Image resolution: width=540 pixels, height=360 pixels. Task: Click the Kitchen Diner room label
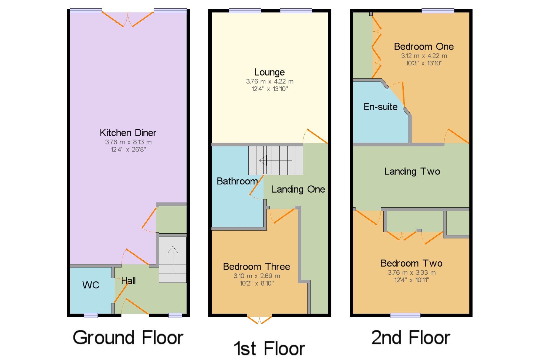click(x=128, y=133)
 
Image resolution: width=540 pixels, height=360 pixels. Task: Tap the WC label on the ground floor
click(x=91, y=285)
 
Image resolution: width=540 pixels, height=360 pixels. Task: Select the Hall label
click(x=128, y=281)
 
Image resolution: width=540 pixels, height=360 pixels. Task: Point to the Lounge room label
click(x=269, y=72)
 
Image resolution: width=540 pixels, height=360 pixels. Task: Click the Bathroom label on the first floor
click(x=237, y=181)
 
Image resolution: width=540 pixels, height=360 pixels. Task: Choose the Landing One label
click(x=298, y=189)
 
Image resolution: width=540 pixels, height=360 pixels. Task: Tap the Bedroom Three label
click(x=256, y=267)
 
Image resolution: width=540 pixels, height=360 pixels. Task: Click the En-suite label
click(x=380, y=107)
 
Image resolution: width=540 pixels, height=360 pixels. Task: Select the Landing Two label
click(x=412, y=171)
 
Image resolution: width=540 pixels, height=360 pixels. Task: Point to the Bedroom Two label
click(x=411, y=263)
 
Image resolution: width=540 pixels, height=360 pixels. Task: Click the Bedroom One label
click(x=424, y=46)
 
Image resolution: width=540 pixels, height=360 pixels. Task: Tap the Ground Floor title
click(x=128, y=338)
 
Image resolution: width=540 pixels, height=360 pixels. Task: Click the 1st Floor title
click(x=269, y=348)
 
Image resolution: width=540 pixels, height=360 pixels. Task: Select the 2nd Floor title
click(x=411, y=338)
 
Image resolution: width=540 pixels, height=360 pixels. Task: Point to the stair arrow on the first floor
click(x=276, y=160)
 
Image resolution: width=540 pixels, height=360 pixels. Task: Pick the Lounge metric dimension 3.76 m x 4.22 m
click(x=269, y=81)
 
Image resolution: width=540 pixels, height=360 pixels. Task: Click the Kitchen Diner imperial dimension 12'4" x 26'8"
click(x=128, y=149)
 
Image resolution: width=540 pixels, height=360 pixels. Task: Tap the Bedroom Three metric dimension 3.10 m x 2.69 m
click(x=256, y=276)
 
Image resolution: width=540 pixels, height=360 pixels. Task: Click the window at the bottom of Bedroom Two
click(x=405, y=315)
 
